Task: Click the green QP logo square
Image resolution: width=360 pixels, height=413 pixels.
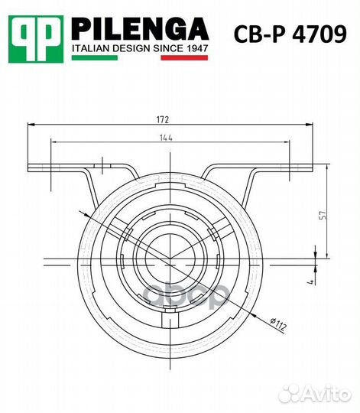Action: [x=36, y=39]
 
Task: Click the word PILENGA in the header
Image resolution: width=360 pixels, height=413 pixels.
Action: [x=140, y=29]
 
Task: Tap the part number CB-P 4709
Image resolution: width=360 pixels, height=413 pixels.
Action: [x=290, y=34]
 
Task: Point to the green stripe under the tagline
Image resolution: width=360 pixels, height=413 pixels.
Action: [x=95, y=57]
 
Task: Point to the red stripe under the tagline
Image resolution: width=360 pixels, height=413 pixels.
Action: [x=184, y=57]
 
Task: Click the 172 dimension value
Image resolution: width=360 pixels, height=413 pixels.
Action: [x=162, y=120]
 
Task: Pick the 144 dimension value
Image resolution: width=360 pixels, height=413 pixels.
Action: [x=167, y=138]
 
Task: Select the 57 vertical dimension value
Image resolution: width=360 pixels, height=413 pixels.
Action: [x=323, y=215]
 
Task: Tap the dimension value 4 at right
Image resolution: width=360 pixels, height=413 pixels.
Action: [x=311, y=282]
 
